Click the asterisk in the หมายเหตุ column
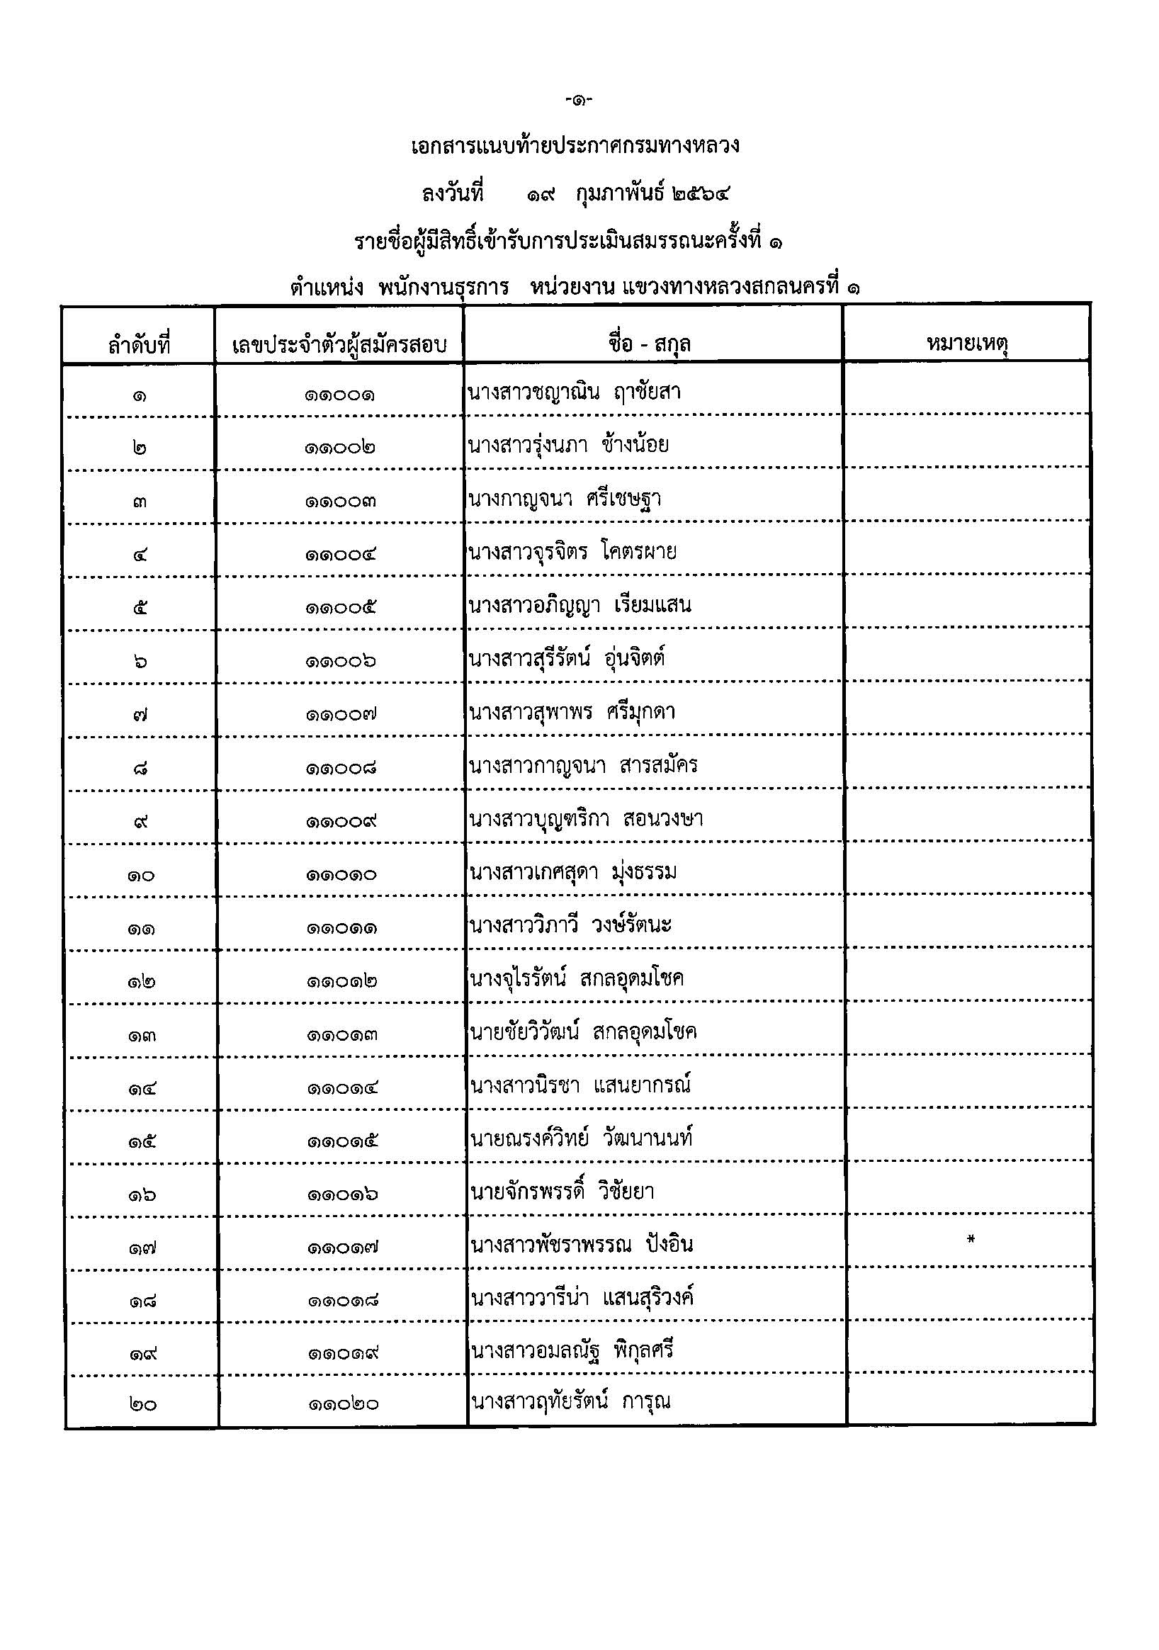point(970,1239)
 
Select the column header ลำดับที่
point(140,345)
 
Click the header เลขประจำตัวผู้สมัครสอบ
point(339,345)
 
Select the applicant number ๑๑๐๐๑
point(339,395)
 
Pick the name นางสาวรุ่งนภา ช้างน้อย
point(567,446)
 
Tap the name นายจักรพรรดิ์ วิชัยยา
point(562,1192)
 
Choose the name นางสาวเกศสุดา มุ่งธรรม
point(572,872)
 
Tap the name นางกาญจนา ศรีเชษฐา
point(564,499)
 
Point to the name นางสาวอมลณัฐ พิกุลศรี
point(572,1350)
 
